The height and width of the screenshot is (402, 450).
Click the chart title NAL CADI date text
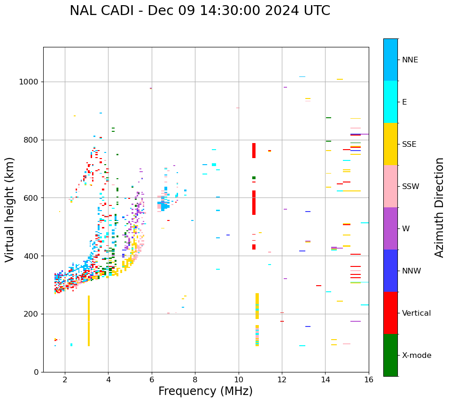click(200, 11)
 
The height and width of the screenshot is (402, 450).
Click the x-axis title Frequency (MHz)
click(205, 391)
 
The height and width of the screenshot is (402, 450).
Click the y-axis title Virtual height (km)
click(10, 210)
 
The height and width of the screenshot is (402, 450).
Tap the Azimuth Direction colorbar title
click(439, 207)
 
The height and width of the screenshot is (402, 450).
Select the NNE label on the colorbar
click(410, 60)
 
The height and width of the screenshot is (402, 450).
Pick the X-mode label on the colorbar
click(416, 356)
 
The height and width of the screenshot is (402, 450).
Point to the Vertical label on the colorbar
click(416, 313)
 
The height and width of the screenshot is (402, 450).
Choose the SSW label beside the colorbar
click(411, 187)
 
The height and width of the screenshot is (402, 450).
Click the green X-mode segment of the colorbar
click(390, 355)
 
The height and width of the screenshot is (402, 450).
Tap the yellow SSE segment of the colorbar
click(390, 144)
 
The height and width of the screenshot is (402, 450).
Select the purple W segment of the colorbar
click(390, 228)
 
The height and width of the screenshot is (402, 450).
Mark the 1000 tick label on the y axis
click(29, 82)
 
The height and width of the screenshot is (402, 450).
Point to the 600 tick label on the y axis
click(31, 198)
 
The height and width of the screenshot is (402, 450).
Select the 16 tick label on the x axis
click(369, 380)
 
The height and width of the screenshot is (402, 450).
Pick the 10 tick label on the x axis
click(239, 380)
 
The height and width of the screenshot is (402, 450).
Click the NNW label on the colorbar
click(411, 271)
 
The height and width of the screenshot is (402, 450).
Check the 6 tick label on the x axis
click(152, 380)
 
